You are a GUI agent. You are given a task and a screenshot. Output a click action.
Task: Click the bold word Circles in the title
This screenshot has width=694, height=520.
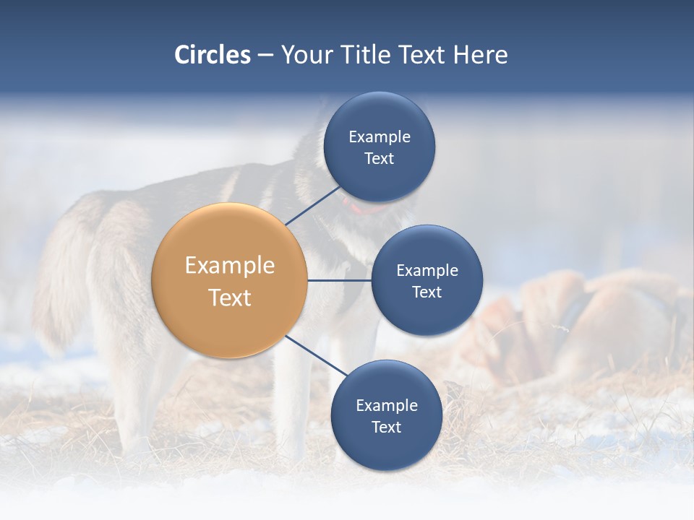click(x=213, y=55)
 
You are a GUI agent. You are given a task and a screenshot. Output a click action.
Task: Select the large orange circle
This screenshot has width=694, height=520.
click(x=230, y=280)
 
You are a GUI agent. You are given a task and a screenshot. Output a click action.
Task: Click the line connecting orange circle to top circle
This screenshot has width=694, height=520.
click(x=314, y=205)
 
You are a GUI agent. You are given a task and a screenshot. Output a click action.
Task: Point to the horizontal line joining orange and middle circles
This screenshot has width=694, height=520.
click(x=340, y=280)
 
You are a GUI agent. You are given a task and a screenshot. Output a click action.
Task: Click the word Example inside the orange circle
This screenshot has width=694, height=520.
click(x=230, y=265)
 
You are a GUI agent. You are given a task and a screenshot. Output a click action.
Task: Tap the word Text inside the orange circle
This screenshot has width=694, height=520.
click(x=230, y=298)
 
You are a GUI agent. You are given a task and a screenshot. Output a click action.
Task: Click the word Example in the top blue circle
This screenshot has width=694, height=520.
click(x=379, y=136)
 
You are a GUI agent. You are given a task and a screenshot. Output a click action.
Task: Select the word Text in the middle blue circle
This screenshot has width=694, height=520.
click(x=427, y=292)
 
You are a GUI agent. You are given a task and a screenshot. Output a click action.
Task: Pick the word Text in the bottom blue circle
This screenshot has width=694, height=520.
click(x=386, y=428)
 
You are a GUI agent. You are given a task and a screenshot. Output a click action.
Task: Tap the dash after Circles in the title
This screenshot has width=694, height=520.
click(x=265, y=55)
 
